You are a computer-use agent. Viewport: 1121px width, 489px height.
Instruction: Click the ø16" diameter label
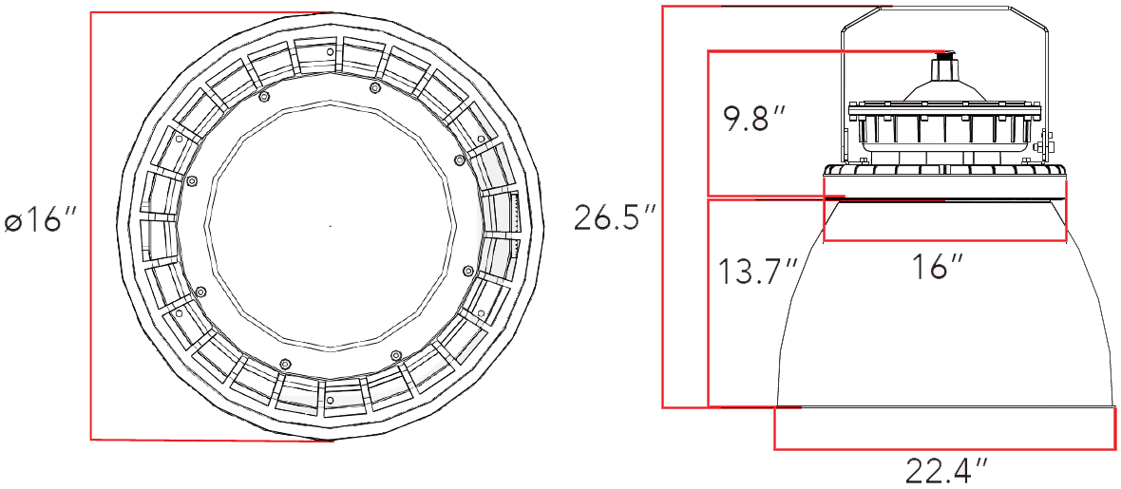click(x=39, y=221)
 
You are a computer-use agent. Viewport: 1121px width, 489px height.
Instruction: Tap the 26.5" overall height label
click(x=615, y=217)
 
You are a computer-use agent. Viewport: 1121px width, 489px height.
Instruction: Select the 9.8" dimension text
click(x=754, y=121)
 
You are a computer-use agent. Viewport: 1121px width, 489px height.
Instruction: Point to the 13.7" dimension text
click(x=756, y=273)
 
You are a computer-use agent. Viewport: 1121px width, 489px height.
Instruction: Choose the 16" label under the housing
click(x=939, y=268)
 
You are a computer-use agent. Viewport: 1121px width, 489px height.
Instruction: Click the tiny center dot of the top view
click(x=330, y=226)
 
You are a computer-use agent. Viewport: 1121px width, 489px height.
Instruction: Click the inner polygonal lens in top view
click(x=330, y=226)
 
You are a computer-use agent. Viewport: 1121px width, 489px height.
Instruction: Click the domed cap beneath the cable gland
click(x=944, y=90)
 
